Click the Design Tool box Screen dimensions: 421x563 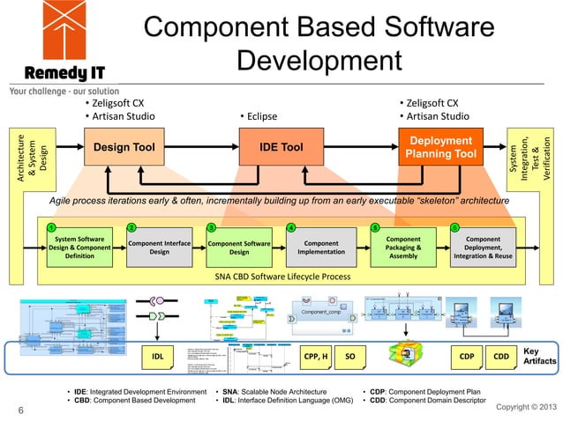point(124,147)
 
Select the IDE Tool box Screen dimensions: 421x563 point(281,147)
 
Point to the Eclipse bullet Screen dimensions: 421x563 point(259,115)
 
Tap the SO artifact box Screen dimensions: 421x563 point(350,357)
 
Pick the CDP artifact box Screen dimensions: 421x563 point(468,357)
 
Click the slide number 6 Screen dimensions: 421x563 point(19,410)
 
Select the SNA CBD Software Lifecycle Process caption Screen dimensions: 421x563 point(282,277)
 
